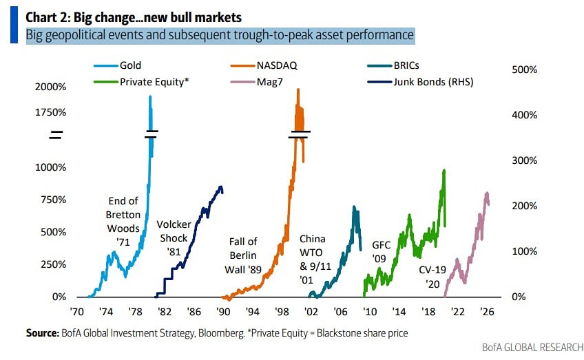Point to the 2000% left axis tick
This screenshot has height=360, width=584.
(51, 87)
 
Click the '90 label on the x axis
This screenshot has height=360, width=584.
(223, 311)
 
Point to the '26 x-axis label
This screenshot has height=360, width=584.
(486, 311)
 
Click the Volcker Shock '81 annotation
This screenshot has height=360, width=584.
(174, 238)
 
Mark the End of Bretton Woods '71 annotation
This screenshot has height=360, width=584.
(124, 215)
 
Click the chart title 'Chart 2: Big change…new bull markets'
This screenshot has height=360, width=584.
(135, 15)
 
